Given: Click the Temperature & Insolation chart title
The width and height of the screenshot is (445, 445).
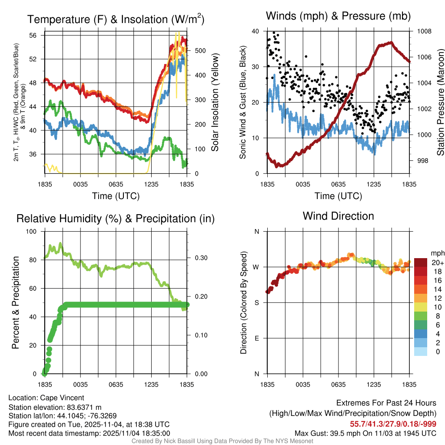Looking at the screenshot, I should (116, 20).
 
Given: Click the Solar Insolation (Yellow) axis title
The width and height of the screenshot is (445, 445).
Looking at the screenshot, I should (215, 103).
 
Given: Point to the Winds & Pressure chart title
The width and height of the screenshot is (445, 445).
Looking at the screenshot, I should (338, 17).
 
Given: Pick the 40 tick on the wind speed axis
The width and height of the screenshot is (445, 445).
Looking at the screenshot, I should (255, 31).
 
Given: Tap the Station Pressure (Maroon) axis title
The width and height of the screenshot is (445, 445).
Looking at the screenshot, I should (440, 103).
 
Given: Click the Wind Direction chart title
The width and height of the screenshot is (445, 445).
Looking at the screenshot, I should (338, 216).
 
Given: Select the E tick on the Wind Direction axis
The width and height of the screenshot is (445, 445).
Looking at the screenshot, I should (256, 338).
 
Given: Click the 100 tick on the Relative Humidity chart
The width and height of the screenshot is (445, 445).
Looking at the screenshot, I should (33, 231).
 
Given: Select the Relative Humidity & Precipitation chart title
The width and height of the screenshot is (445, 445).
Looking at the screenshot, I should (116, 219).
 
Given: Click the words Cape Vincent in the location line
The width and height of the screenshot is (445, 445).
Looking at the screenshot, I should (62, 398).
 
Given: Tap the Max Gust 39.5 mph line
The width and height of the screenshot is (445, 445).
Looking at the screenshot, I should (365, 433).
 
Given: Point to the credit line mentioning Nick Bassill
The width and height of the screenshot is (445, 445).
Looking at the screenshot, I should (222, 441).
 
